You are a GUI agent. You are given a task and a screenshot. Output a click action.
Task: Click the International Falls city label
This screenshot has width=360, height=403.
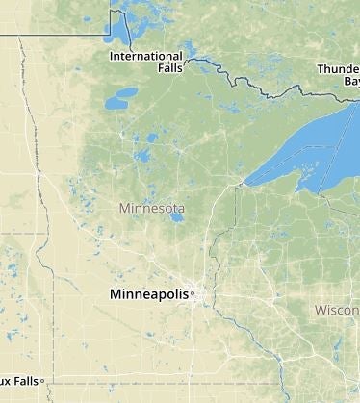[146, 63]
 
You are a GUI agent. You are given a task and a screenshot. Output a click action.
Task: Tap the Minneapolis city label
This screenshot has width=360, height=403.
[149, 293]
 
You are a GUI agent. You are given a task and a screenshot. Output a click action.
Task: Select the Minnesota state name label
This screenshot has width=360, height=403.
[152, 208]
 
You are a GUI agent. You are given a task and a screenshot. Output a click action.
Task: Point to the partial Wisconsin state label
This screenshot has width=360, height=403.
[337, 310]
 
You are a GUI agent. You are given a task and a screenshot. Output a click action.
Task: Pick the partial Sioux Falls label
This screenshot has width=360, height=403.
[19, 381]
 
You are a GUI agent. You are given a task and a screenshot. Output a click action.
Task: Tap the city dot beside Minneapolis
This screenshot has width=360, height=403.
[193, 293]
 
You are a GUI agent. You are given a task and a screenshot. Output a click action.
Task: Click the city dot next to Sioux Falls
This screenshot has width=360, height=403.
[43, 381]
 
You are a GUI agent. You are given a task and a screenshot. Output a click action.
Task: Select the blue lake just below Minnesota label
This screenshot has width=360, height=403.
[175, 217]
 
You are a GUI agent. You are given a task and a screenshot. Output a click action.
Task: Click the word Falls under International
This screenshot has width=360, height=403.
[162, 69]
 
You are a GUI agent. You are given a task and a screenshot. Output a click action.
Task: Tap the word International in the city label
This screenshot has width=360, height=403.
[146, 56]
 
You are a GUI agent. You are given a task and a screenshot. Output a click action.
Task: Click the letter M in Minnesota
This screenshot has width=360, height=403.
[123, 208]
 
